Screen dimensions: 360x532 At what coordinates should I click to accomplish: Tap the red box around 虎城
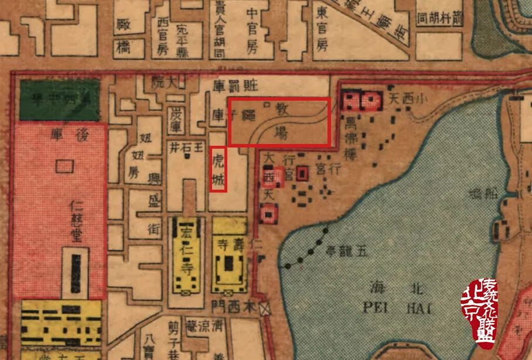218,169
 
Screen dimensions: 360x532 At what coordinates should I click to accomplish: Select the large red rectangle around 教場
279,122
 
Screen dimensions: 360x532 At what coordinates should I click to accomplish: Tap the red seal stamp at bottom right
482,313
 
